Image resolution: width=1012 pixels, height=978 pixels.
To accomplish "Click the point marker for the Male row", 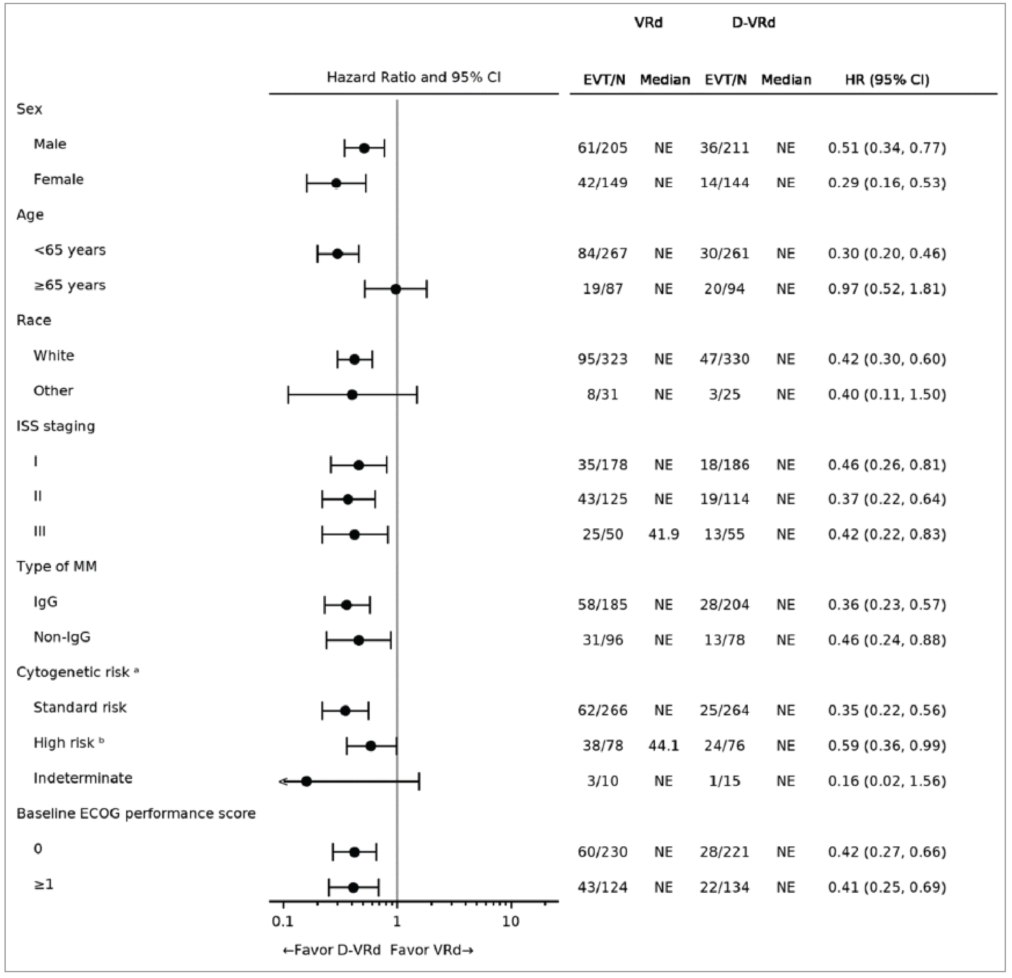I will click(364, 148).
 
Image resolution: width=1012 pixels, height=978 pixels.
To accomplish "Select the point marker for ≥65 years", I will click(396, 289).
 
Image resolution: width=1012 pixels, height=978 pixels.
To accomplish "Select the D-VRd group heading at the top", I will click(753, 23).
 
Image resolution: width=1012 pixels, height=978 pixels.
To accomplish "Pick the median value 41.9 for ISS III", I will click(663, 535).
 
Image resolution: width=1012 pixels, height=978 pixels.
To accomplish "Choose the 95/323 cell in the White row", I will click(602, 359).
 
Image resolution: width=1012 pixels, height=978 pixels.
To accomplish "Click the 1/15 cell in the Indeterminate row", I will click(724, 781).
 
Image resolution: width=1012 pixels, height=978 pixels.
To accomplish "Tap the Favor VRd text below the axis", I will click(431, 950).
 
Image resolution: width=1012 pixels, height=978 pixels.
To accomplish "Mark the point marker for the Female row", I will click(336, 183).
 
